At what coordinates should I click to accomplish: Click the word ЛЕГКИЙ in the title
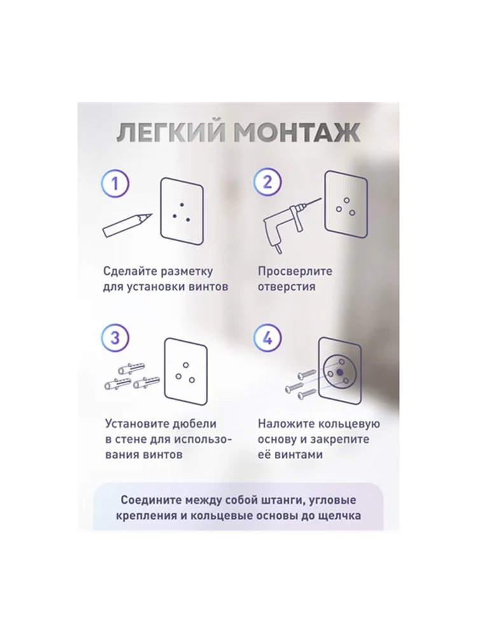tap(170, 133)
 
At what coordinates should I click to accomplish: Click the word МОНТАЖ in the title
tap(297, 133)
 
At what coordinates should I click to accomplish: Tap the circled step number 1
tap(115, 183)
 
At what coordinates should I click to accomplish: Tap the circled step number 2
tap(268, 183)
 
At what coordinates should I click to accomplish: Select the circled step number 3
tap(115, 338)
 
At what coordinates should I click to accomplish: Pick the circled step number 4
tap(268, 338)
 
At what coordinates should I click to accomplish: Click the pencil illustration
tap(127, 225)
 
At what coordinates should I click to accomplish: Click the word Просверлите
tap(295, 271)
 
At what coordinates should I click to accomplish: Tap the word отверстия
tap(286, 286)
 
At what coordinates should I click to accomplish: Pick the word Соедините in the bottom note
tap(151, 500)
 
